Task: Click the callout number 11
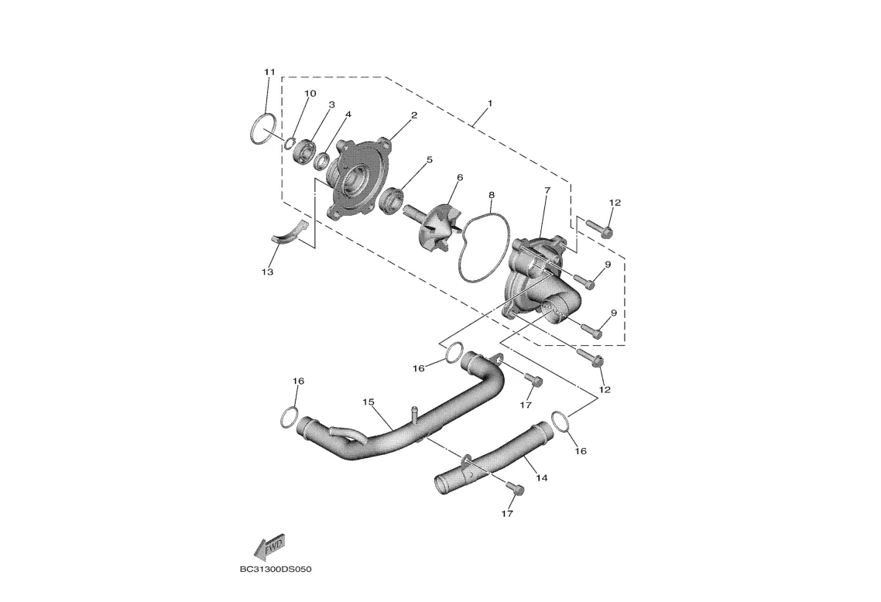[x=269, y=72]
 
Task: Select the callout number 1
[x=489, y=103]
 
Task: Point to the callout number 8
[x=492, y=195]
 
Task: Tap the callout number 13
[x=268, y=272]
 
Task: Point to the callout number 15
[x=369, y=402]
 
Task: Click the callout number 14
[x=541, y=478]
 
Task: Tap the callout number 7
[x=547, y=190]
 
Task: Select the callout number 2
[x=414, y=115]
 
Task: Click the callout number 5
[x=429, y=160]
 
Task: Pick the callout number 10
[x=310, y=94]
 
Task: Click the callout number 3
[x=331, y=104]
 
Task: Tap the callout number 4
[x=348, y=115]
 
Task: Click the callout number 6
[x=459, y=177]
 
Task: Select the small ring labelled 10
[x=288, y=142]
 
